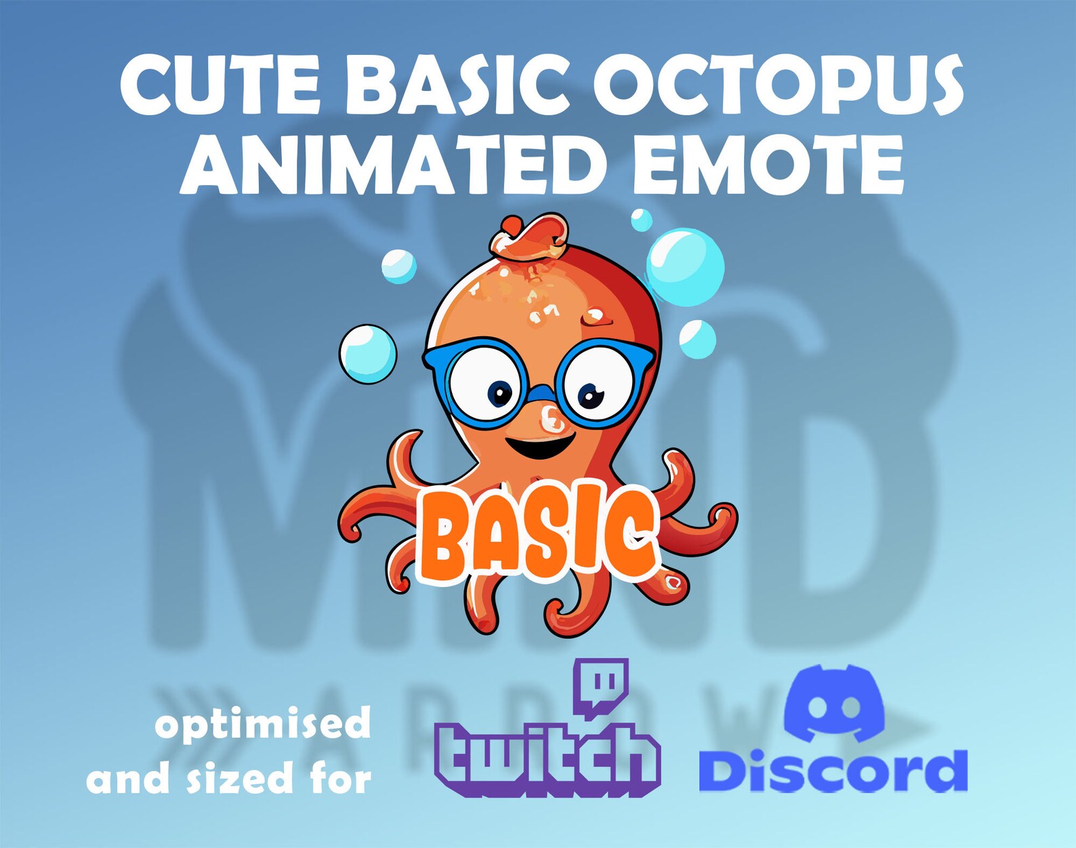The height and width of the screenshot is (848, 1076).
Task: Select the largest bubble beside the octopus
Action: click(685, 267)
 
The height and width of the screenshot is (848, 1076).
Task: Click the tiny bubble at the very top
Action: click(641, 220)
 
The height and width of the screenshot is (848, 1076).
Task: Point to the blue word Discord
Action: click(833, 771)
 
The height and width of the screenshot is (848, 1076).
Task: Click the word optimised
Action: click(263, 725)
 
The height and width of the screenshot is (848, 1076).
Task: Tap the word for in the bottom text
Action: click(342, 778)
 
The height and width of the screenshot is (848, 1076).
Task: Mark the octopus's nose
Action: click(552, 419)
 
